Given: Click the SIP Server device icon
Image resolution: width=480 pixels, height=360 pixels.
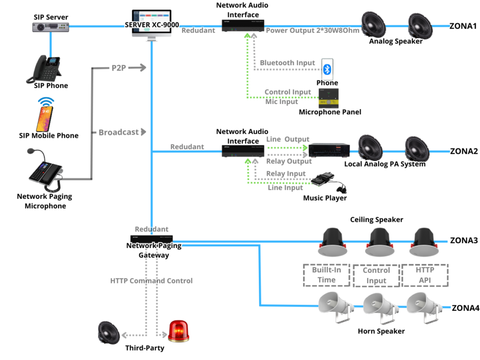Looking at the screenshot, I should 51,27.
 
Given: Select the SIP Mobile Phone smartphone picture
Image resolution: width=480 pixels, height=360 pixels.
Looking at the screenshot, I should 45,115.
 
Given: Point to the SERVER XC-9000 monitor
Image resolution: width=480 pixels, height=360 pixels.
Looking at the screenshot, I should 151,24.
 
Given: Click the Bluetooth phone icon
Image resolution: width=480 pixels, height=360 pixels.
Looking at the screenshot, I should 328,69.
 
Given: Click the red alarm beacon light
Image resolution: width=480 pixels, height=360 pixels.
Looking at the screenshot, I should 179,330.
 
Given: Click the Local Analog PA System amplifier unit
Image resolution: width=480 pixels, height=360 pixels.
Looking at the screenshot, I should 329,150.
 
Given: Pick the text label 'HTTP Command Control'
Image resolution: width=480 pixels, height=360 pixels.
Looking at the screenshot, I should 151,281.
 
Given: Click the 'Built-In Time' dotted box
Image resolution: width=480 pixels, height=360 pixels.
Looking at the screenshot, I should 326,275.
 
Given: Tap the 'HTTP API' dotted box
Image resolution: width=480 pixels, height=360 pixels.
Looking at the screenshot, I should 425,275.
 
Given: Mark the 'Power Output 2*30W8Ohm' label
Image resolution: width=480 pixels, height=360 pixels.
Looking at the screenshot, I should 312,30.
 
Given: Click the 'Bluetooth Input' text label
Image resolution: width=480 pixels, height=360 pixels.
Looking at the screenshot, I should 287,63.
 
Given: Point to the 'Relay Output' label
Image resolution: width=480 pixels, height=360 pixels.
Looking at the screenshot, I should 289,161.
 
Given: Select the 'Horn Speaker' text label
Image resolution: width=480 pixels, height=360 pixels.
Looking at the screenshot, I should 381,331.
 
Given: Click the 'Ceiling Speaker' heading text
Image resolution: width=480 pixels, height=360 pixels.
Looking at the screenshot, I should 376,219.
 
